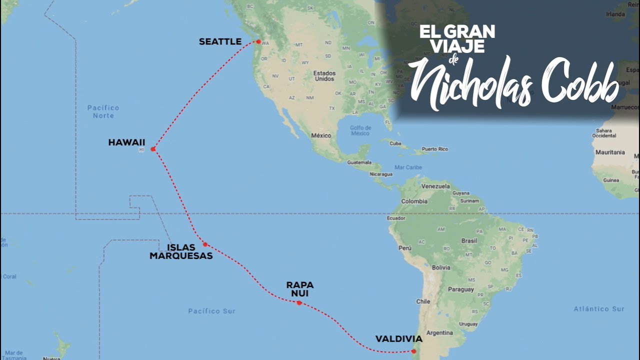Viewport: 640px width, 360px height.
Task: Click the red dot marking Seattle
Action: click(258, 41)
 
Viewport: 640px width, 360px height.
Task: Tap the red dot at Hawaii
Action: click(153, 149)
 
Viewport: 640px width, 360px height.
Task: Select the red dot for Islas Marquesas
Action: click(205, 244)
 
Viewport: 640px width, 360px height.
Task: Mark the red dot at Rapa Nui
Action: click(299, 303)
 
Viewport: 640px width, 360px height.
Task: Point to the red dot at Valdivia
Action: click(413, 351)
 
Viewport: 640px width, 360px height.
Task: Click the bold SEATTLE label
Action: click(220, 41)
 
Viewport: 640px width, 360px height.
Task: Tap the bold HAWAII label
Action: click(126, 142)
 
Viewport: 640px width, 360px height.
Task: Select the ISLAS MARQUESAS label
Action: click(181, 251)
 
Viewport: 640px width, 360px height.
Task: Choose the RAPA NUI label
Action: click(300, 289)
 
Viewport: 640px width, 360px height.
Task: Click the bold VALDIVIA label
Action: click(398, 339)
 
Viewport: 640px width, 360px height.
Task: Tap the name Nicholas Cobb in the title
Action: click(512, 84)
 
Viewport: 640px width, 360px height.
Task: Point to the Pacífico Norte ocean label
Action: click(103, 111)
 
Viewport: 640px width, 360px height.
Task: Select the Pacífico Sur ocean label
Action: click(211, 311)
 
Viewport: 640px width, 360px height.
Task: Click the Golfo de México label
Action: click(360, 130)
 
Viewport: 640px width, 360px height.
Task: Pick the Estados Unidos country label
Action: click(324, 75)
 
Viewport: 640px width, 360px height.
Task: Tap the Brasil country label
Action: click(469, 240)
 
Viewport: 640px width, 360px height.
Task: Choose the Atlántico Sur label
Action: click(598, 309)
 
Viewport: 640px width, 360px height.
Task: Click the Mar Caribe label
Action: click(408, 167)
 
